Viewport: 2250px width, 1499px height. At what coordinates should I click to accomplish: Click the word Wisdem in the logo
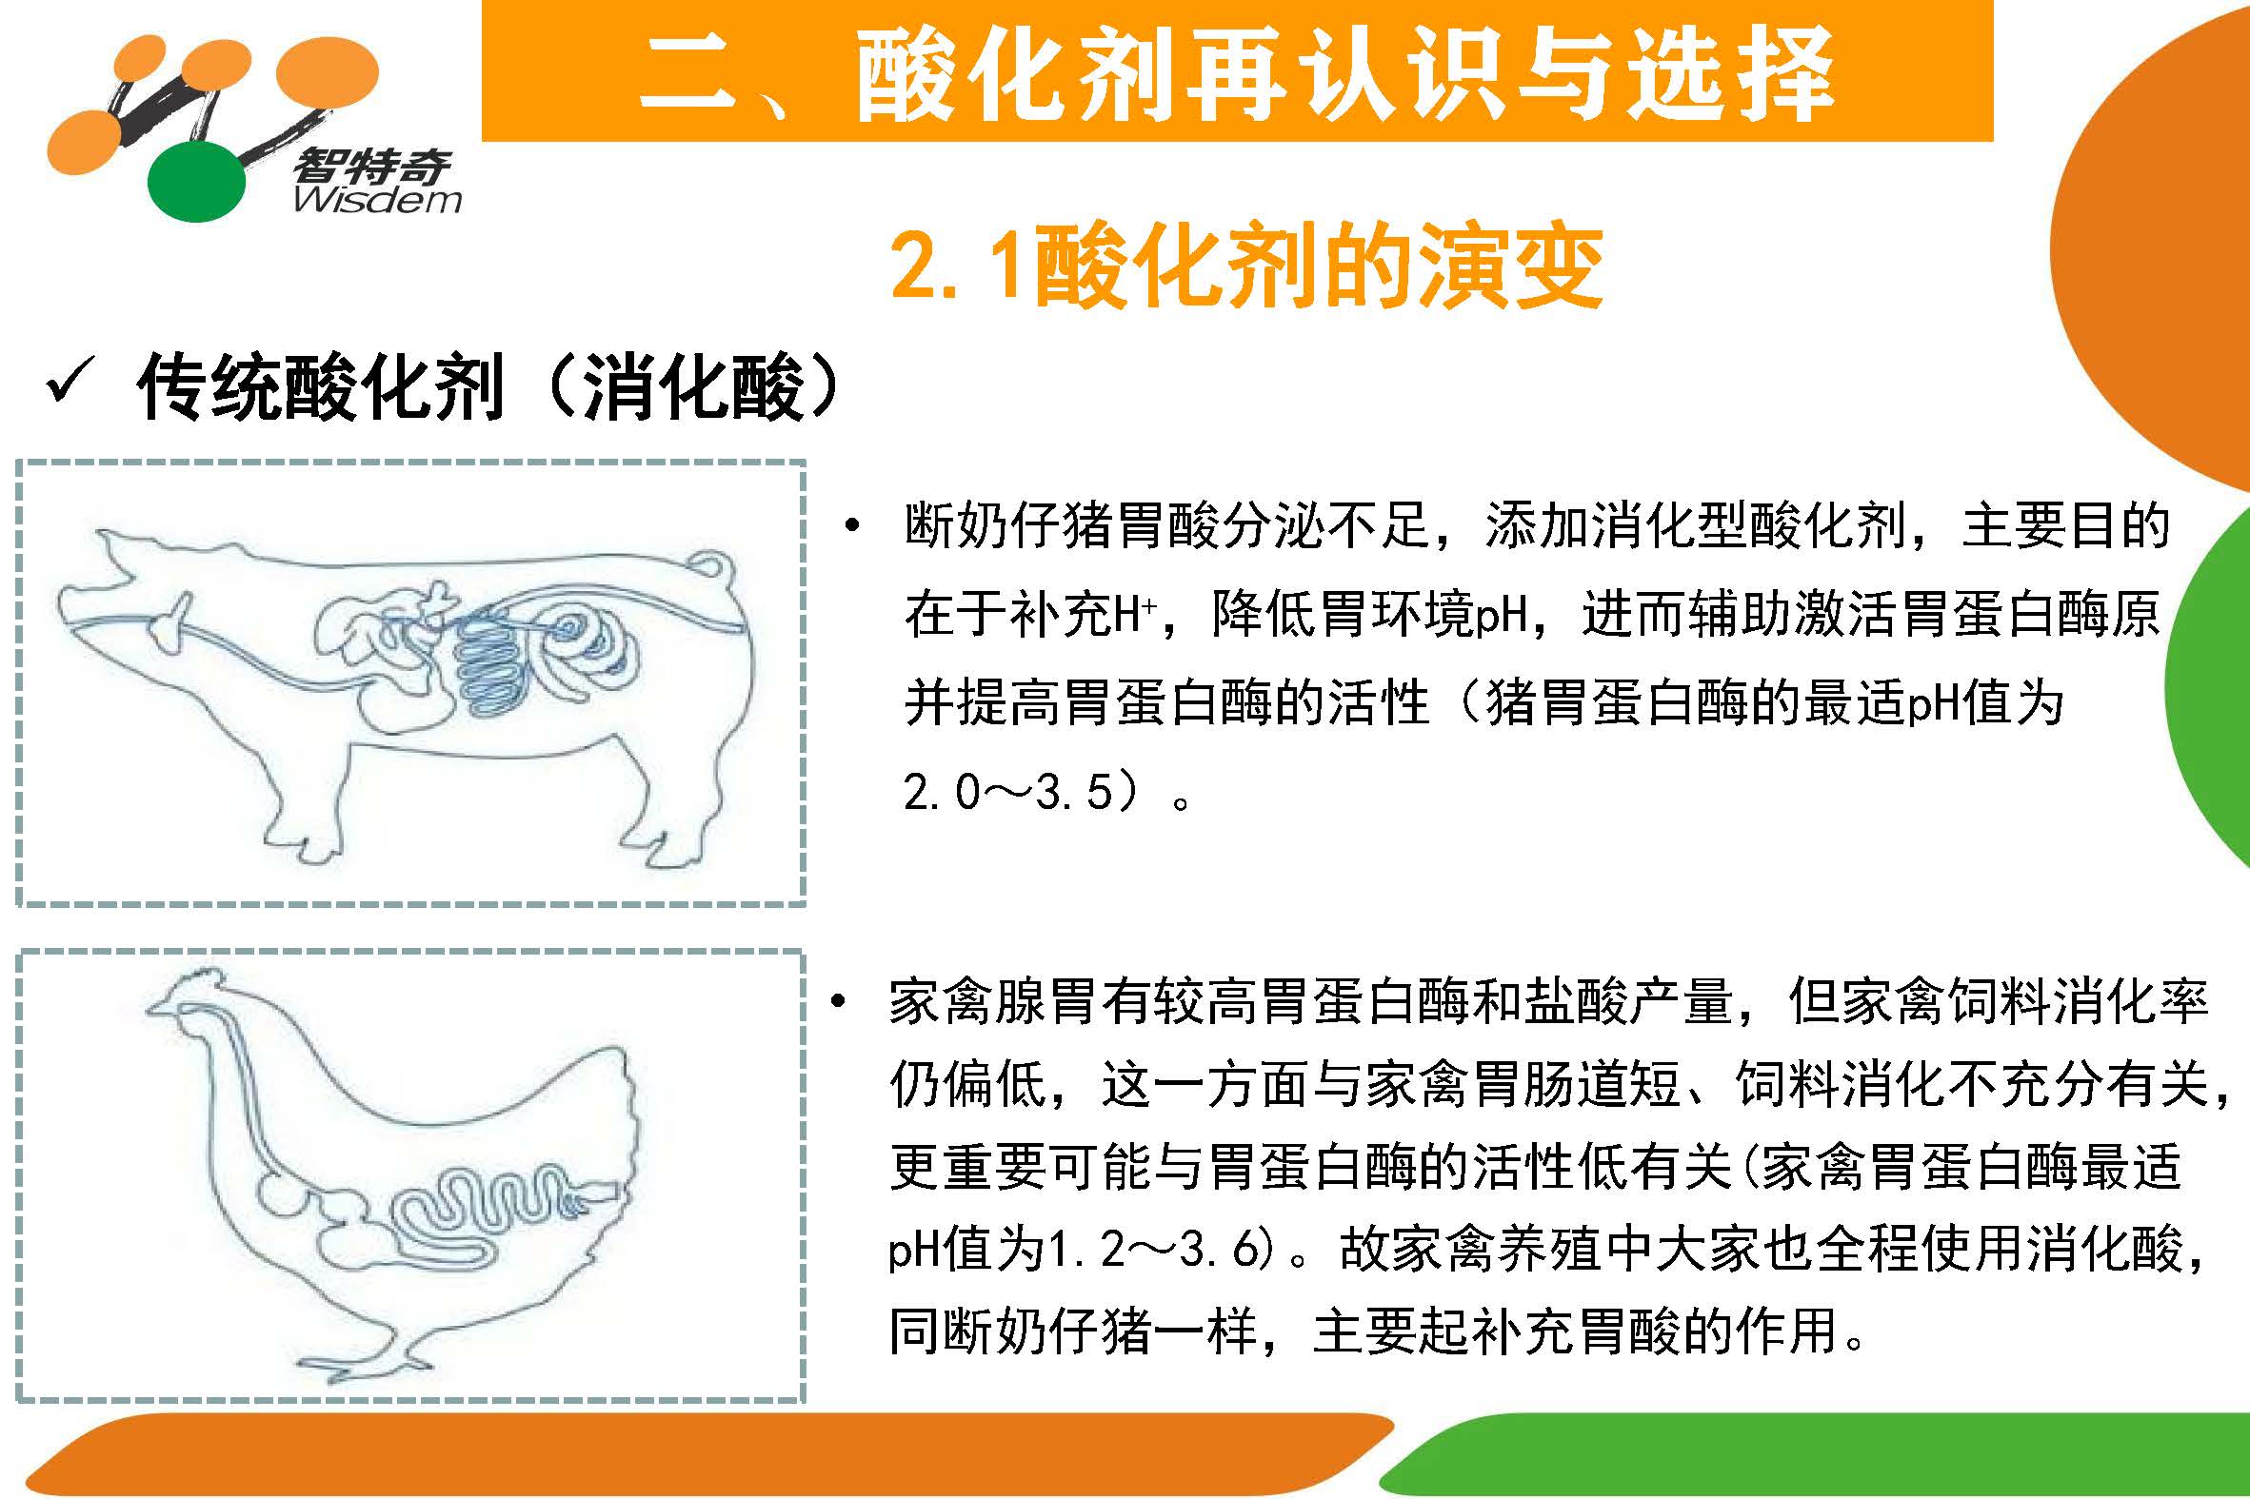(378, 200)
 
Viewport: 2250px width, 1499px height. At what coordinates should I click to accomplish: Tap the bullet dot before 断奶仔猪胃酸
(852, 526)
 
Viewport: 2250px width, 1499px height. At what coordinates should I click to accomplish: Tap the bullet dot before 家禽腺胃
(839, 1002)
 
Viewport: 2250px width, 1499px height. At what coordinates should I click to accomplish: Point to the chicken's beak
(154, 1008)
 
